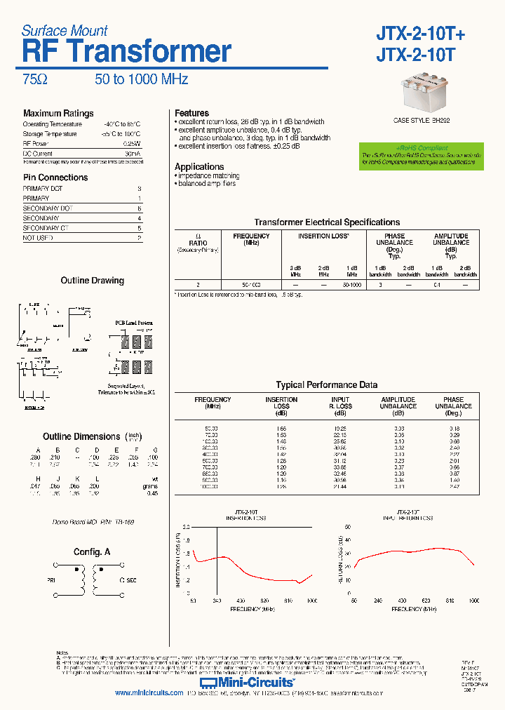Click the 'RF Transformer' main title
click(x=126, y=53)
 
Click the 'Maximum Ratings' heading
click(x=58, y=114)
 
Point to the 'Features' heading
click(x=191, y=113)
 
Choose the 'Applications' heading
click(x=199, y=167)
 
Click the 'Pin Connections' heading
click(x=55, y=177)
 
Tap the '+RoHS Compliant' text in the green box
click(x=422, y=148)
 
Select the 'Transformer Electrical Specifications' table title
click(x=327, y=222)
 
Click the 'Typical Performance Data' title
click(x=326, y=385)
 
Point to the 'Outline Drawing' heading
click(x=92, y=281)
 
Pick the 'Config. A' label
click(x=92, y=552)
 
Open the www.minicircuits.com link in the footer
click(x=149, y=693)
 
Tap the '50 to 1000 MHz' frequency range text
click(x=142, y=80)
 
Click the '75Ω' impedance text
click(x=35, y=80)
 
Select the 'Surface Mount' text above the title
click(x=65, y=31)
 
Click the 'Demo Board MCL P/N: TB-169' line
click(x=93, y=523)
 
